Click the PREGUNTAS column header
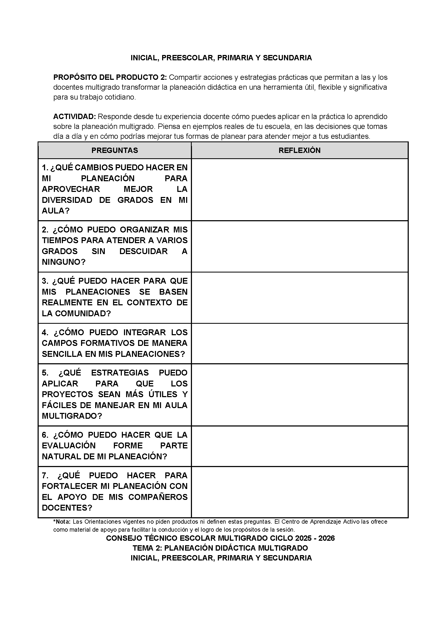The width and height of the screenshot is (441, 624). [115, 150]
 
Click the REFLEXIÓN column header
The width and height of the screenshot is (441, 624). [299, 150]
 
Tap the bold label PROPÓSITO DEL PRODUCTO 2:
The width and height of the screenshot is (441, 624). [110, 77]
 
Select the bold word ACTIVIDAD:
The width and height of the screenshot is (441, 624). [75, 117]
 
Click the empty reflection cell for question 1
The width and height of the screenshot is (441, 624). [299, 189]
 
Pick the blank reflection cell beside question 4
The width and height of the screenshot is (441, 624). [299, 343]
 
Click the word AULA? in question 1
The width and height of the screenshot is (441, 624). [56, 211]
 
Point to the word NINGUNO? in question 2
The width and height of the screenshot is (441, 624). [63, 262]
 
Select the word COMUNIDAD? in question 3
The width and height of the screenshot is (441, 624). [83, 313]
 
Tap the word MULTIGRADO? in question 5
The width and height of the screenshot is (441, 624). [72, 416]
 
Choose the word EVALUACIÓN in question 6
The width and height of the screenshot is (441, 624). [69, 445]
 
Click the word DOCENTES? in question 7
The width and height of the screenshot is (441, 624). [67, 508]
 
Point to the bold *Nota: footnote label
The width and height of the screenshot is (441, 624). [62, 522]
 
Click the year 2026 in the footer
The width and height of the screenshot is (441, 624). [326, 538]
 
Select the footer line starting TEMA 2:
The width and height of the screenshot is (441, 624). [220, 548]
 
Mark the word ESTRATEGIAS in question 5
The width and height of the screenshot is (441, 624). [120, 373]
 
